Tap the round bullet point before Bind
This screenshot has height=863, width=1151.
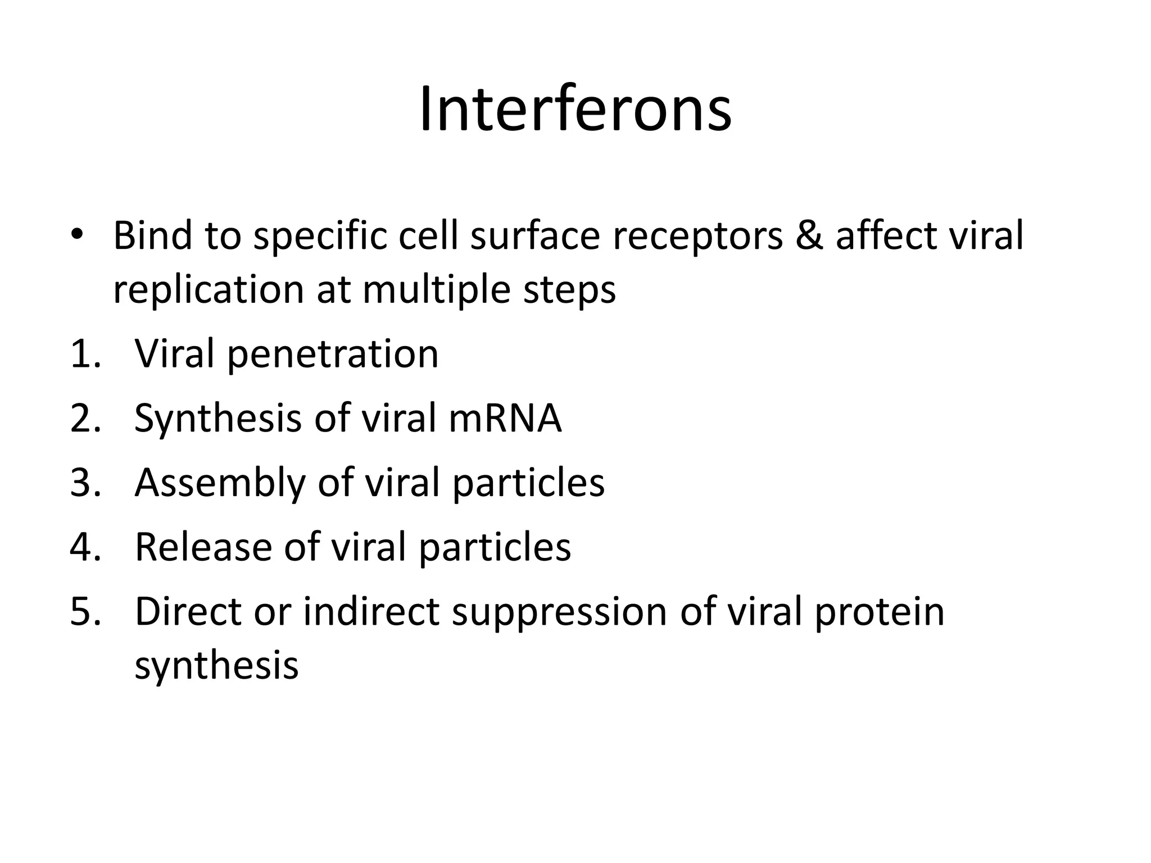(x=77, y=234)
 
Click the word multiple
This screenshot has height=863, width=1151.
(x=436, y=290)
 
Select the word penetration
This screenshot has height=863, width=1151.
(x=333, y=356)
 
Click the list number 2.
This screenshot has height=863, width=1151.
(x=85, y=419)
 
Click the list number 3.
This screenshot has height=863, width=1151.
(x=85, y=483)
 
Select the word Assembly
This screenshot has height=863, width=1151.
(x=219, y=484)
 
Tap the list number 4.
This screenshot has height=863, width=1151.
(x=85, y=547)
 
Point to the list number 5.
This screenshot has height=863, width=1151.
(x=85, y=611)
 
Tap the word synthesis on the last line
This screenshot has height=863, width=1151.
(x=216, y=666)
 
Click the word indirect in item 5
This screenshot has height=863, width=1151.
(x=370, y=611)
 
